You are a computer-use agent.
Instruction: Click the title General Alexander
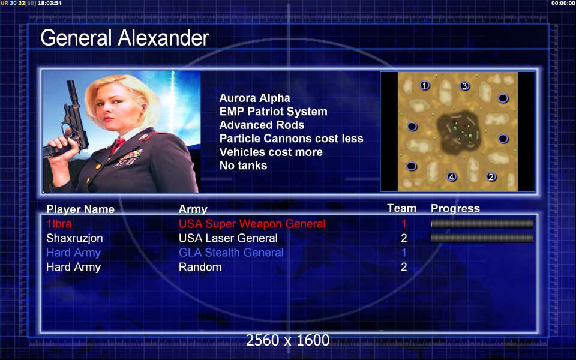point(125,38)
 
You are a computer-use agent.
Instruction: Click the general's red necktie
point(117,145)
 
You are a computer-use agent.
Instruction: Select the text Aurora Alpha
point(254,98)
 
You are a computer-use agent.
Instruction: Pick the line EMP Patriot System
point(274,112)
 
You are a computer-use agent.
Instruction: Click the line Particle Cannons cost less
point(292,139)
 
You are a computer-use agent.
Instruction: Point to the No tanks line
point(243,166)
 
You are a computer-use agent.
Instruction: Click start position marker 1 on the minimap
point(425,86)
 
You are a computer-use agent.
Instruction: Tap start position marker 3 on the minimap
point(464,86)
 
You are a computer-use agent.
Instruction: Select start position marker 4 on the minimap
point(451,176)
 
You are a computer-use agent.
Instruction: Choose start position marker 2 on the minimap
point(491,176)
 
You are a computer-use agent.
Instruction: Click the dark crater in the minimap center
point(458,132)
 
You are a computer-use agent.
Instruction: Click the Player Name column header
point(80,209)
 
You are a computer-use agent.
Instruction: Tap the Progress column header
point(455,209)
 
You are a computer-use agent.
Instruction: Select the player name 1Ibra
point(59,224)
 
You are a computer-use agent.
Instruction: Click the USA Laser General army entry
point(228,238)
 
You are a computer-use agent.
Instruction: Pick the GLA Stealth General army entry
point(231,253)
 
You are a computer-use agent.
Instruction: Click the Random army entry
point(200,267)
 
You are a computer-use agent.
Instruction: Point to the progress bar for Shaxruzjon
point(482,238)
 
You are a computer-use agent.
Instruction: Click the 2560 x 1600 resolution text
point(287,340)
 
